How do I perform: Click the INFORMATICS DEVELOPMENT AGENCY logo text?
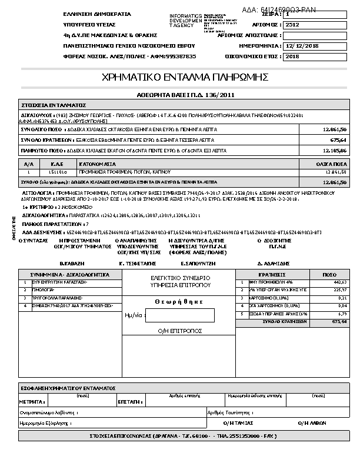point(185,21)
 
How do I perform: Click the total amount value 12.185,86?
point(335,151)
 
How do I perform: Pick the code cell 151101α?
point(58,172)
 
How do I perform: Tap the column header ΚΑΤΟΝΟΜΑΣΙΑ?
point(98,164)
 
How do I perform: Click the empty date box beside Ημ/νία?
point(179,315)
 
